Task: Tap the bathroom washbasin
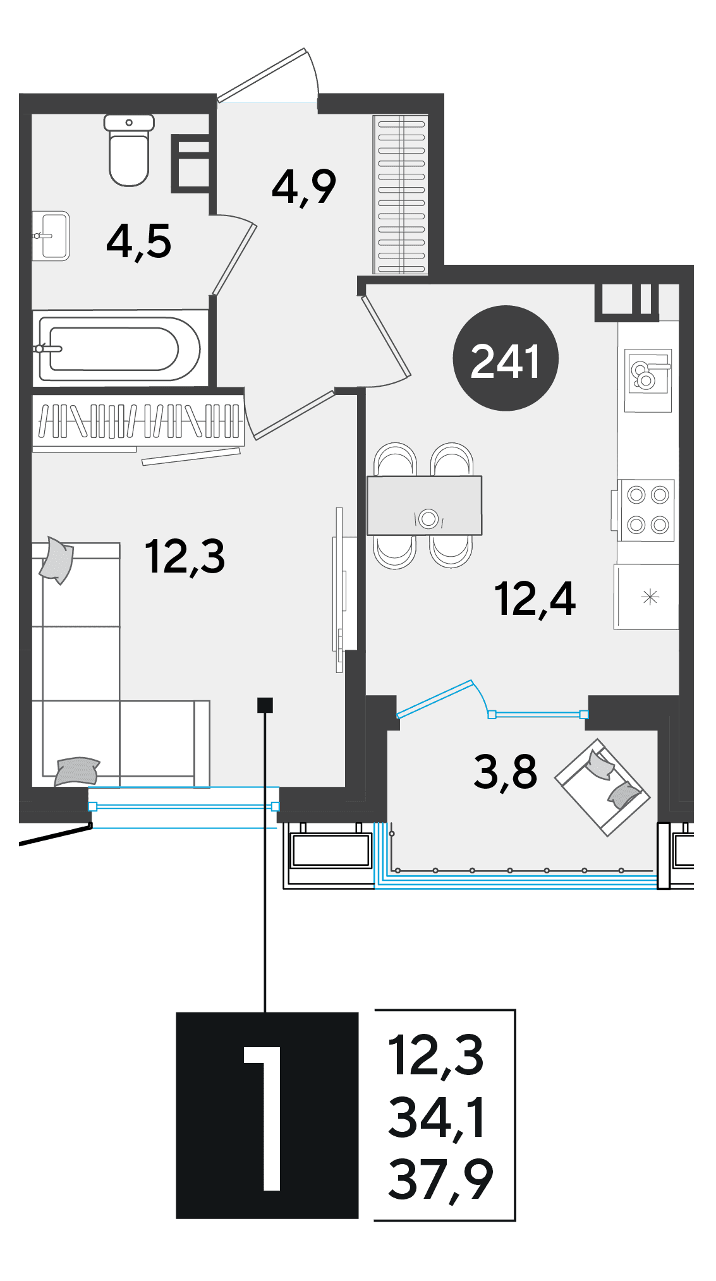tap(51, 236)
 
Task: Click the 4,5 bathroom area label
tap(139, 241)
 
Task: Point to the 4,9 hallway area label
tap(304, 187)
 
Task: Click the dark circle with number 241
tap(506, 358)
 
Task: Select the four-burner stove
tap(646, 510)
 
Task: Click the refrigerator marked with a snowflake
tap(646, 597)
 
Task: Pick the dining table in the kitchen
tap(425, 506)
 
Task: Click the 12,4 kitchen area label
tap(535, 599)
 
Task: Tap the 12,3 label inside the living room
tap(185, 557)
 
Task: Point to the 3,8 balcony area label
tap(505, 772)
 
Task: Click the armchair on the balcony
tap(602, 787)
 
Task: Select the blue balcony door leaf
tap(435, 699)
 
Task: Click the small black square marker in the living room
tap(265, 705)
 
